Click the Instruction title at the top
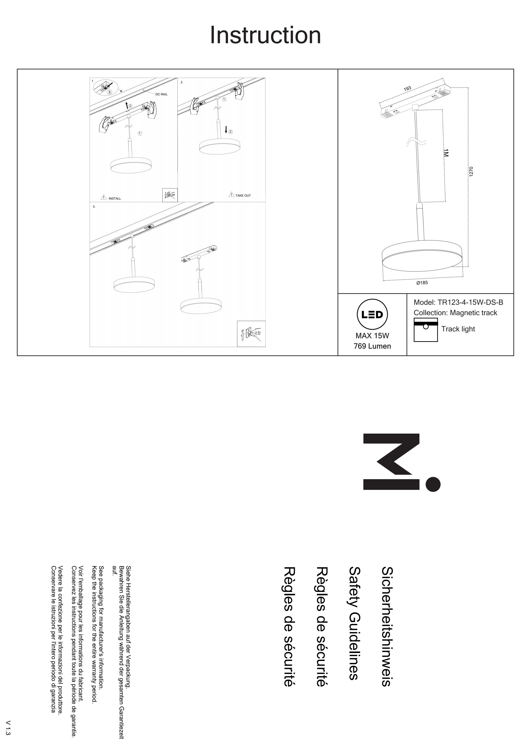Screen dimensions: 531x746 click(x=265, y=35)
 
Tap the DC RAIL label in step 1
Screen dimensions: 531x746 click(x=161, y=94)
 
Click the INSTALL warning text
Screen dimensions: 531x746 click(x=115, y=198)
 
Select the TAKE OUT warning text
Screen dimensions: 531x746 click(x=243, y=195)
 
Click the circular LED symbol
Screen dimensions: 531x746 click(x=372, y=314)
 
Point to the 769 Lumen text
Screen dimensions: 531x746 click(x=372, y=346)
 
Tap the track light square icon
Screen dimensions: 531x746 click(x=426, y=330)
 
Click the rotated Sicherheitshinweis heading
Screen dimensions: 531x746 click(x=387, y=626)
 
